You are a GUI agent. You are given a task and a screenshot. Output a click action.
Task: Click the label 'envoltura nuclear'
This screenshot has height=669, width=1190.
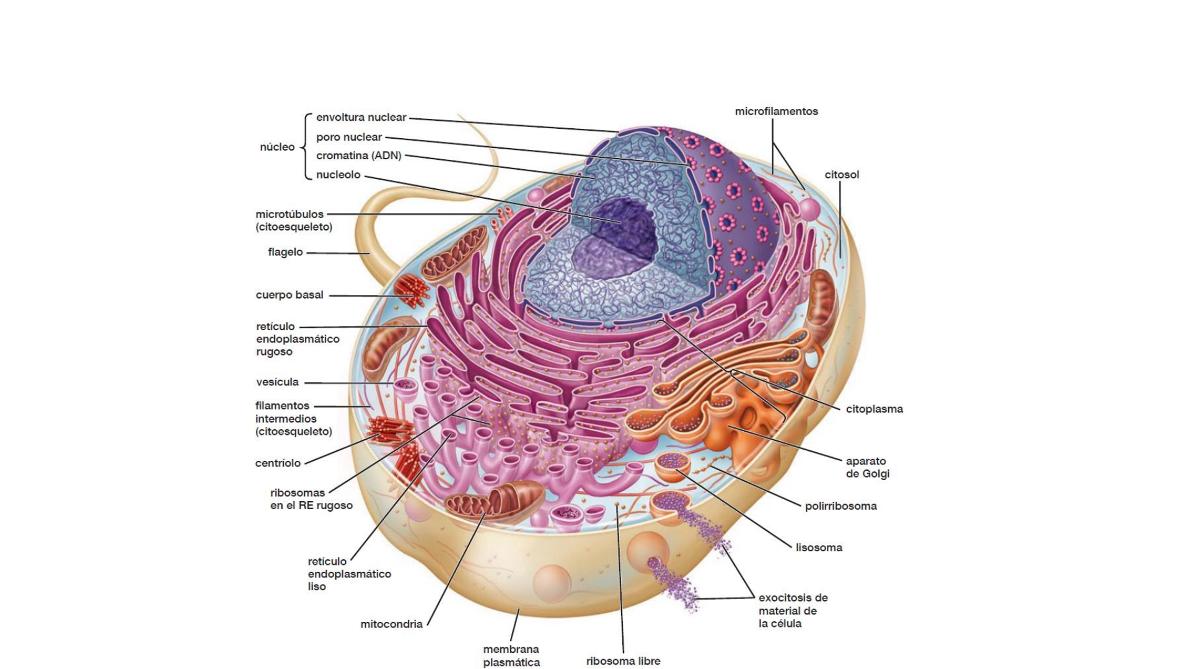pyautogui.click(x=361, y=117)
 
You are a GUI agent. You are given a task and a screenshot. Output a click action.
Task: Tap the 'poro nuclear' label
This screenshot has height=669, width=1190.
pyautogui.click(x=349, y=137)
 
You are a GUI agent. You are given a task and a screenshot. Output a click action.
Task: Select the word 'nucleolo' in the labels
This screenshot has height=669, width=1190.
pyautogui.click(x=338, y=175)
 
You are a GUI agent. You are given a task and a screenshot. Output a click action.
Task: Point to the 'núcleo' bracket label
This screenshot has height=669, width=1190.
pyautogui.click(x=277, y=147)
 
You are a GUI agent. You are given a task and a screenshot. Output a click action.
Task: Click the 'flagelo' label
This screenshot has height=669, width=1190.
pyautogui.click(x=285, y=252)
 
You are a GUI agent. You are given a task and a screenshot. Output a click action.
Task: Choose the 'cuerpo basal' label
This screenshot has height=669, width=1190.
pyautogui.click(x=289, y=295)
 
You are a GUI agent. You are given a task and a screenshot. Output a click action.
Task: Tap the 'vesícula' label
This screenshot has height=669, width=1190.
pyautogui.click(x=277, y=382)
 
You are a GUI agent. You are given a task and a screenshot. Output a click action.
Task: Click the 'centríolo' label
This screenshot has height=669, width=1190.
pyautogui.click(x=278, y=463)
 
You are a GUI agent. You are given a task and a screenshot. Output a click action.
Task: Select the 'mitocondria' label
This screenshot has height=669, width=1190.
pyautogui.click(x=391, y=624)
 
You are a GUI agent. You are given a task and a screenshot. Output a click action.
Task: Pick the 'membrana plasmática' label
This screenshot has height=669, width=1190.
pyautogui.click(x=511, y=656)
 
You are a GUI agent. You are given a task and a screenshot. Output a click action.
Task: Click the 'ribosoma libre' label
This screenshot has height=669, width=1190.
pyautogui.click(x=623, y=661)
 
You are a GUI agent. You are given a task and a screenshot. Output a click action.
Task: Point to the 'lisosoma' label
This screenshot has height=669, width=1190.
pyautogui.click(x=819, y=548)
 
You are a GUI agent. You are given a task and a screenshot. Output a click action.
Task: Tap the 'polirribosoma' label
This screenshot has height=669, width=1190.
pyautogui.click(x=840, y=506)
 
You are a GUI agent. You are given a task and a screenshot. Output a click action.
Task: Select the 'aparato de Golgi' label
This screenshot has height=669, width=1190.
pyautogui.click(x=867, y=468)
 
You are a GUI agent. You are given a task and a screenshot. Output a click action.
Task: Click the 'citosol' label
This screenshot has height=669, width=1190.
pyautogui.click(x=842, y=175)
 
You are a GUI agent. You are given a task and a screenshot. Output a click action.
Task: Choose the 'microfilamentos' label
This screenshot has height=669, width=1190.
pyautogui.click(x=776, y=111)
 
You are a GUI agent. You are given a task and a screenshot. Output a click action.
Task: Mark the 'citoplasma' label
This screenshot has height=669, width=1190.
pyautogui.click(x=874, y=409)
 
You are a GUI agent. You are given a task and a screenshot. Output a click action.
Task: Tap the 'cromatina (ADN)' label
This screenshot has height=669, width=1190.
pyautogui.click(x=358, y=155)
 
